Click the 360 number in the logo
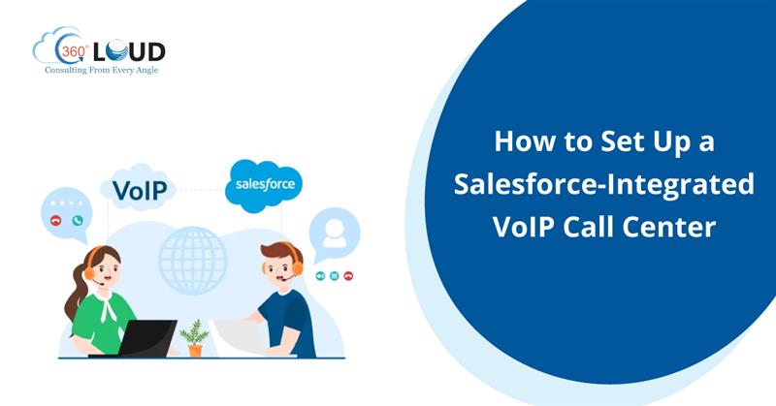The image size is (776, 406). pyautogui.click(x=73, y=51)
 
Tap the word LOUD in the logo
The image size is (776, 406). pyautogui.click(x=129, y=51)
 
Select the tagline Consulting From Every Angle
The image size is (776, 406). pyautogui.click(x=102, y=70)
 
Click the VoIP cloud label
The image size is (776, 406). pyautogui.click(x=139, y=190)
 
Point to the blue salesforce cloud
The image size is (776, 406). pyautogui.click(x=264, y=185)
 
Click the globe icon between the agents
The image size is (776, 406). pyautogui.click(x=192, y=261)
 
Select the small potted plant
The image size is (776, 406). pyautogui.click(x=195, y=338)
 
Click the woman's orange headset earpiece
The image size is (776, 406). pyautogui.click(x=89, y=273)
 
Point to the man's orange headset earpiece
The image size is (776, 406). pyautogui.click(x=297, y=268)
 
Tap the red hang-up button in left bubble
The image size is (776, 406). pyautogui.click(x=56, y=221)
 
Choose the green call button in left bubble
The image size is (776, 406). pyautogui.click(x=78, y=221)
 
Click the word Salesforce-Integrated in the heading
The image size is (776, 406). pyautogui.click(x=603, y=184)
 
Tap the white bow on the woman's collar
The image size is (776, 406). pyautogui.click(x=108, y=305)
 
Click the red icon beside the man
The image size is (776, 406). pyautogui.click(x=348, y=276)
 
